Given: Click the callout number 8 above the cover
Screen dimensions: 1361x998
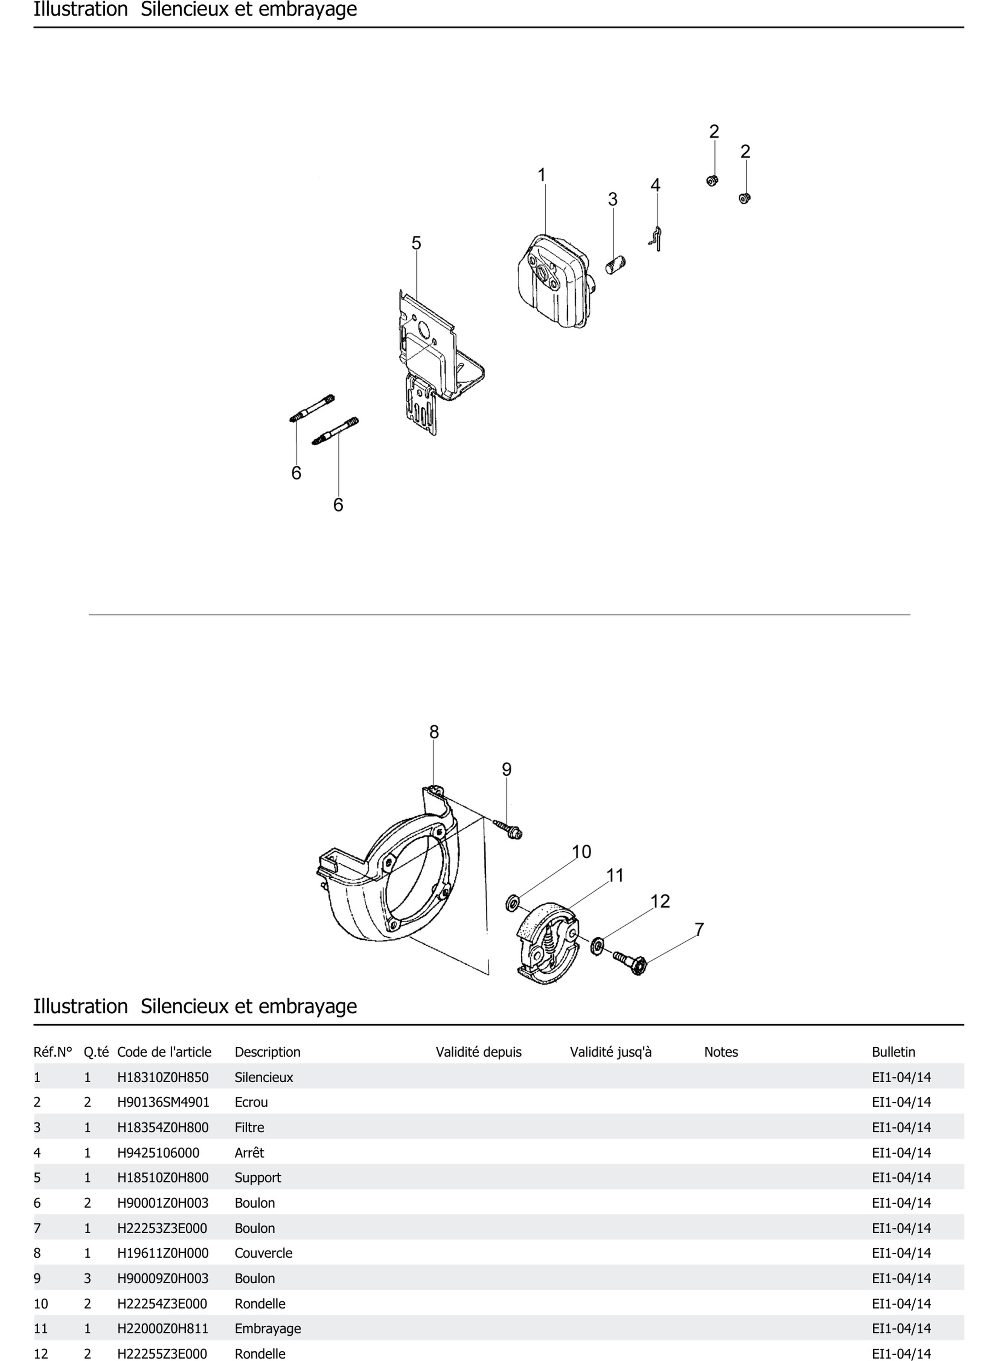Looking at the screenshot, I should (434, 732).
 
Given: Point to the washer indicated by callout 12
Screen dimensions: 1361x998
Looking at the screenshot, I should (597, 944).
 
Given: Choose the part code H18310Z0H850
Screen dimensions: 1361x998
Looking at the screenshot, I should (162, 1077).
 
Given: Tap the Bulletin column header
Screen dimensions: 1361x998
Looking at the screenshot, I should (893, 1052).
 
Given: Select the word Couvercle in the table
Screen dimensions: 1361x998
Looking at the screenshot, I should (264, 1253).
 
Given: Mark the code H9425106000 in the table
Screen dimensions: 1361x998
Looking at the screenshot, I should (158, 1153).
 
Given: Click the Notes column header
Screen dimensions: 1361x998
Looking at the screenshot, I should (721, 1052).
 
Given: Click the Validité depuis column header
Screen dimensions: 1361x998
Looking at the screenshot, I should (478, 1052).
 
